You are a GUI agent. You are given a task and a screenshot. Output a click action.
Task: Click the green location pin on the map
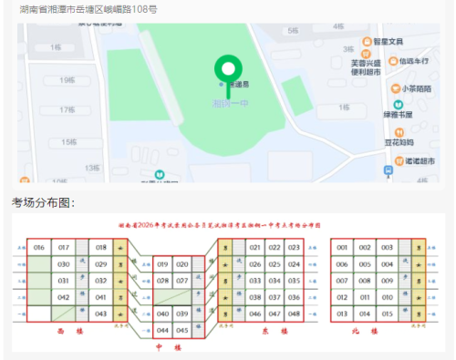[229, 68]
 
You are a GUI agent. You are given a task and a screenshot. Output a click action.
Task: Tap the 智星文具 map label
[392, 42]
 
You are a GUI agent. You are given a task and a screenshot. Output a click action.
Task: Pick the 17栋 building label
[66, 110]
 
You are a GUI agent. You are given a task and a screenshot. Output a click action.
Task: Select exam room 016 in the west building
[38, 248]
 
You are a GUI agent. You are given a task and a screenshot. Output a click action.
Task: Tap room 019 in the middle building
[162, 264]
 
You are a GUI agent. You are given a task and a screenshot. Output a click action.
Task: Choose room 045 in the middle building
[182, 330]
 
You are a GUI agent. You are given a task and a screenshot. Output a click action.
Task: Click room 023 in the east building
[294, 248]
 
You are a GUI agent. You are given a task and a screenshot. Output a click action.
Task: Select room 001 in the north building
[342, 248]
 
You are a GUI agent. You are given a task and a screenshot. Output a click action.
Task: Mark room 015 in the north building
[388, 314]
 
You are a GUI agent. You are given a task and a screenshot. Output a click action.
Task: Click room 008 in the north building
[365, 281]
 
